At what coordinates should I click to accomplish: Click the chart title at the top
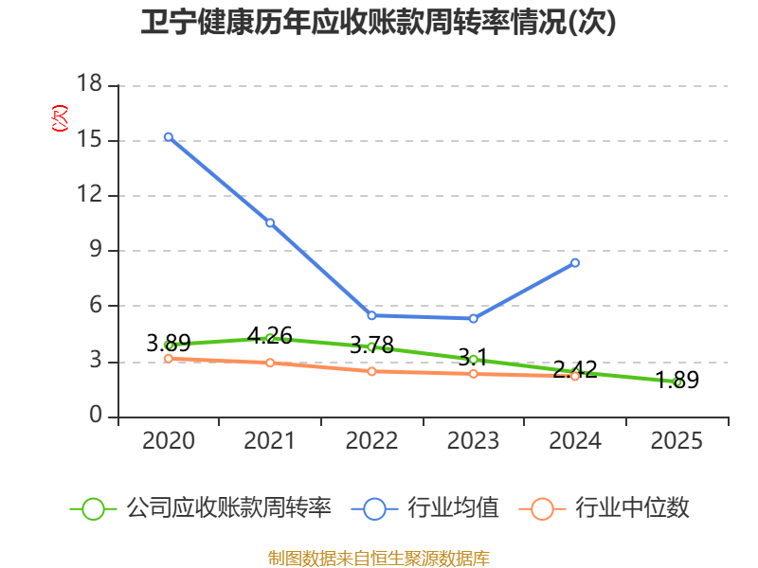point(378,24)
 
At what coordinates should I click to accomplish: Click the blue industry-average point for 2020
point(168,137)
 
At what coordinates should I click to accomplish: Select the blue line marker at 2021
point(270,222)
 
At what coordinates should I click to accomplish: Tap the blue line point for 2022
point(371,315)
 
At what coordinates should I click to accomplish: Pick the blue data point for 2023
point(474,318)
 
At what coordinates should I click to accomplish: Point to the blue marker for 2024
point(575,262)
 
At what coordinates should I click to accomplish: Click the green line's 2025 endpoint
point(677,382)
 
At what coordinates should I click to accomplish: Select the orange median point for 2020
point(168,358)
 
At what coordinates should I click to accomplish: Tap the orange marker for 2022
point(371,371)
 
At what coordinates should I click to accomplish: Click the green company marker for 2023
point(474,360)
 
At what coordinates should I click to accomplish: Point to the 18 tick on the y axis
point(89,85)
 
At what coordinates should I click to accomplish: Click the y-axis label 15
point(89,140)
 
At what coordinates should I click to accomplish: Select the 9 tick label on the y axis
point(96,251)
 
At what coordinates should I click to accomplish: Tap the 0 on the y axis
point(96,417)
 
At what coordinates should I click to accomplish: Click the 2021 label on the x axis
point(270,441)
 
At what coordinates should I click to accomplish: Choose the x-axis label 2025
point(677,441)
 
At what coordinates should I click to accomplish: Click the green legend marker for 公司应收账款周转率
point(93,508)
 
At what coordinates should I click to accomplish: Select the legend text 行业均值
point(453,508)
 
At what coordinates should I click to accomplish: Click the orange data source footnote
point(378,558)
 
